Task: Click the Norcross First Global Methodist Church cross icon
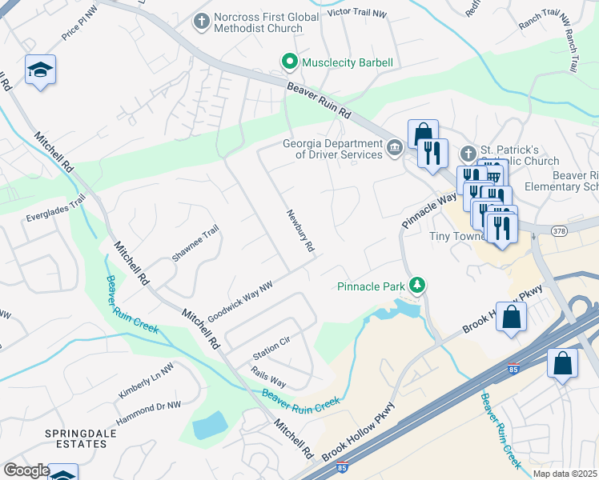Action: pos(201,18)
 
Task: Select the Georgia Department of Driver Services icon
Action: pos(395,148)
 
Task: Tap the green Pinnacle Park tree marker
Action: pos(416,285)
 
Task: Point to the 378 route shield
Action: pos(559,230)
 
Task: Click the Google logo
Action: pos(26,470)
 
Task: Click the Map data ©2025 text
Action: pos(565,474)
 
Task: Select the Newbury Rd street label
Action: pos(300,232)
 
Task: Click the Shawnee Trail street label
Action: pos(195,243)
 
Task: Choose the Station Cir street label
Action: pos(271,347)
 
